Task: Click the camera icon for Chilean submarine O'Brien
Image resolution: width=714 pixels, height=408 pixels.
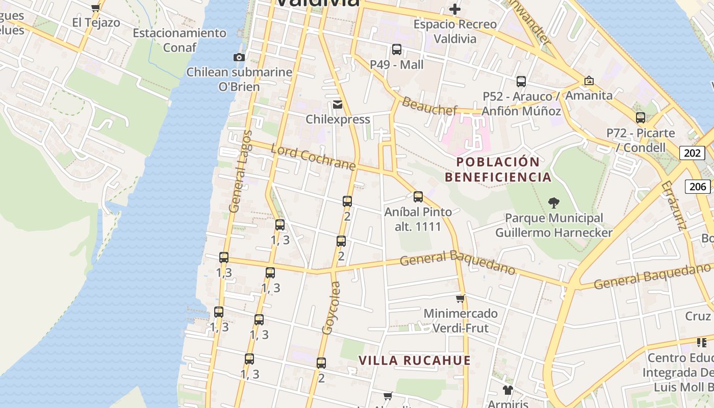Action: click(239, 57)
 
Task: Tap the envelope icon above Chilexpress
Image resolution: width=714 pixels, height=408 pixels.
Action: click(338, 105)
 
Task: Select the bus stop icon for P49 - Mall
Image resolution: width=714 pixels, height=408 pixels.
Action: click(397, 49)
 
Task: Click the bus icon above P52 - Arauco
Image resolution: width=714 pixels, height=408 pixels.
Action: click(521, 81)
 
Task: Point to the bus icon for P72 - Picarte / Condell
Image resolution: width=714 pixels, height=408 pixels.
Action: click(641, 118)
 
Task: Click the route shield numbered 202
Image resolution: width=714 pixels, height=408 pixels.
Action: click(692, 152)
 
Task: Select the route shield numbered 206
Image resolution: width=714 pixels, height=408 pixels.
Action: click(698, 186)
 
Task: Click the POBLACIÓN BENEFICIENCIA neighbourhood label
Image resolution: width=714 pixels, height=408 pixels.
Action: click(498, 170)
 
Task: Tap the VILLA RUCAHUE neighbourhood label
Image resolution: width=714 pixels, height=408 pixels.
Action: click(415, 361)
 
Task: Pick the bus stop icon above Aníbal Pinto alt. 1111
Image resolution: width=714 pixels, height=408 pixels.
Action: click(418, 196)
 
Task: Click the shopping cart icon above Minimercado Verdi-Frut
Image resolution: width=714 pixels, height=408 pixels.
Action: click(460, 298)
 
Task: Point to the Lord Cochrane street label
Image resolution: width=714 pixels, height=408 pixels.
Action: click(313, 157)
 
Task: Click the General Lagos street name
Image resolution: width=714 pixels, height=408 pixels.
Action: click(241, 171)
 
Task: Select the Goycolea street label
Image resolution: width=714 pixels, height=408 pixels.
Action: click(330, 308)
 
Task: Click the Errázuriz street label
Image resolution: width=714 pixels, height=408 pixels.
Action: click(673, 206)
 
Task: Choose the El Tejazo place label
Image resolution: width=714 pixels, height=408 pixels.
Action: click(96, 22)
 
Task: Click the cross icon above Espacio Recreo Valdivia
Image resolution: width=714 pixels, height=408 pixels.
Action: click(454, 9)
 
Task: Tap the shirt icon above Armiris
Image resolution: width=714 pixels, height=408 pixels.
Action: click(507, 390)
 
